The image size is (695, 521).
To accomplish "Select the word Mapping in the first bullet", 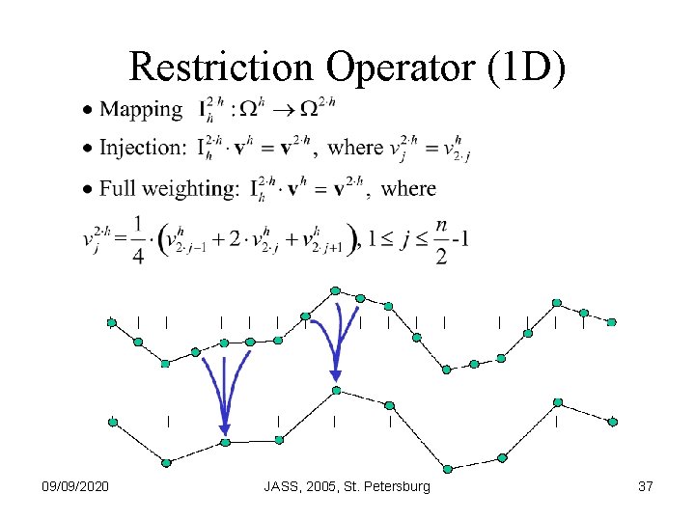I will click(x=141, y=110).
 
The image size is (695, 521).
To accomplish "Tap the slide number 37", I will click(x=646, y=487).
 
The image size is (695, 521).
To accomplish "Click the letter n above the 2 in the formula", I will click(x=441, y=225).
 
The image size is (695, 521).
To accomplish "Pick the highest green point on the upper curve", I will click(x=335, y=289).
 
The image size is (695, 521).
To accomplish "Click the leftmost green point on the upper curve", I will click(x=112, y=322).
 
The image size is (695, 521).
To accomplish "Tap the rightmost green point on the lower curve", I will click(x=613, y=422).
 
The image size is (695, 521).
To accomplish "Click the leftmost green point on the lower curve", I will click(x=113, y=422).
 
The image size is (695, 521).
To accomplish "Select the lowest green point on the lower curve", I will click(x=448, y=469).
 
